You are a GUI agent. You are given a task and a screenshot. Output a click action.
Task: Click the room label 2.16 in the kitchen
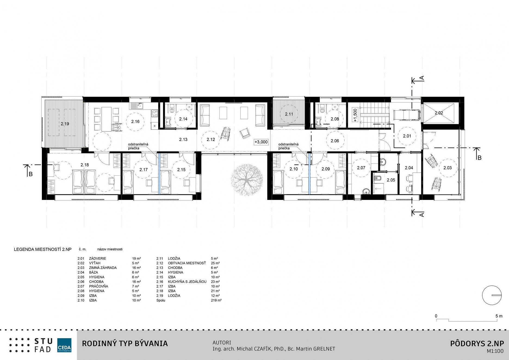point(135,122)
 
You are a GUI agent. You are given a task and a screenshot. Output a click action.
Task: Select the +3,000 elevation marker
point(261,142)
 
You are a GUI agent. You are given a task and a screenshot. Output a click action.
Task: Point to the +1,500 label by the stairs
point(355,115)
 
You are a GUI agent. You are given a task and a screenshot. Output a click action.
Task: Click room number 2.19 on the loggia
point(65,124)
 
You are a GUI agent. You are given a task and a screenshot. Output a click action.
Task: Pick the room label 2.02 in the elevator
point(439,113)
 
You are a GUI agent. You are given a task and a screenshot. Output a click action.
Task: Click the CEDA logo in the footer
point(64,345)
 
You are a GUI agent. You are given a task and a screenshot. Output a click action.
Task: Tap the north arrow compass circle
point(492,295)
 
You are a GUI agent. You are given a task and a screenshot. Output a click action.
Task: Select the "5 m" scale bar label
point(499,316)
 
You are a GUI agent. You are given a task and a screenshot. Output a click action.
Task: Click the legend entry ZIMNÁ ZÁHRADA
point(103,268)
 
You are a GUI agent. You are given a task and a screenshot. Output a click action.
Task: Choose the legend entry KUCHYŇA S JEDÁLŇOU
point(187,282)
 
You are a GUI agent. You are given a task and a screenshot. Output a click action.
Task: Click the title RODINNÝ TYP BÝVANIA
point(125,343)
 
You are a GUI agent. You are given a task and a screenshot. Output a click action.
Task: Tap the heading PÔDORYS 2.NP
point(477,343)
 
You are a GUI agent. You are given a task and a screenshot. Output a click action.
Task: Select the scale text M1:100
point(495,351)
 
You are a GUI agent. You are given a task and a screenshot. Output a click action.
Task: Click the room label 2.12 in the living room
point(211,139)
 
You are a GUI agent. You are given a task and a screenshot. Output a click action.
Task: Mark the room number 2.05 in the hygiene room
point(391,180)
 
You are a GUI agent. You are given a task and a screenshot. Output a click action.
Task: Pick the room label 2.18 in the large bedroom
point(85,165)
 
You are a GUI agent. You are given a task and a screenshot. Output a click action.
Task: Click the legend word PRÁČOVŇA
point(98,286)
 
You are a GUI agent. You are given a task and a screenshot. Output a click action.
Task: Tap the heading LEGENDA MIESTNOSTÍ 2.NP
point(43,249)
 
